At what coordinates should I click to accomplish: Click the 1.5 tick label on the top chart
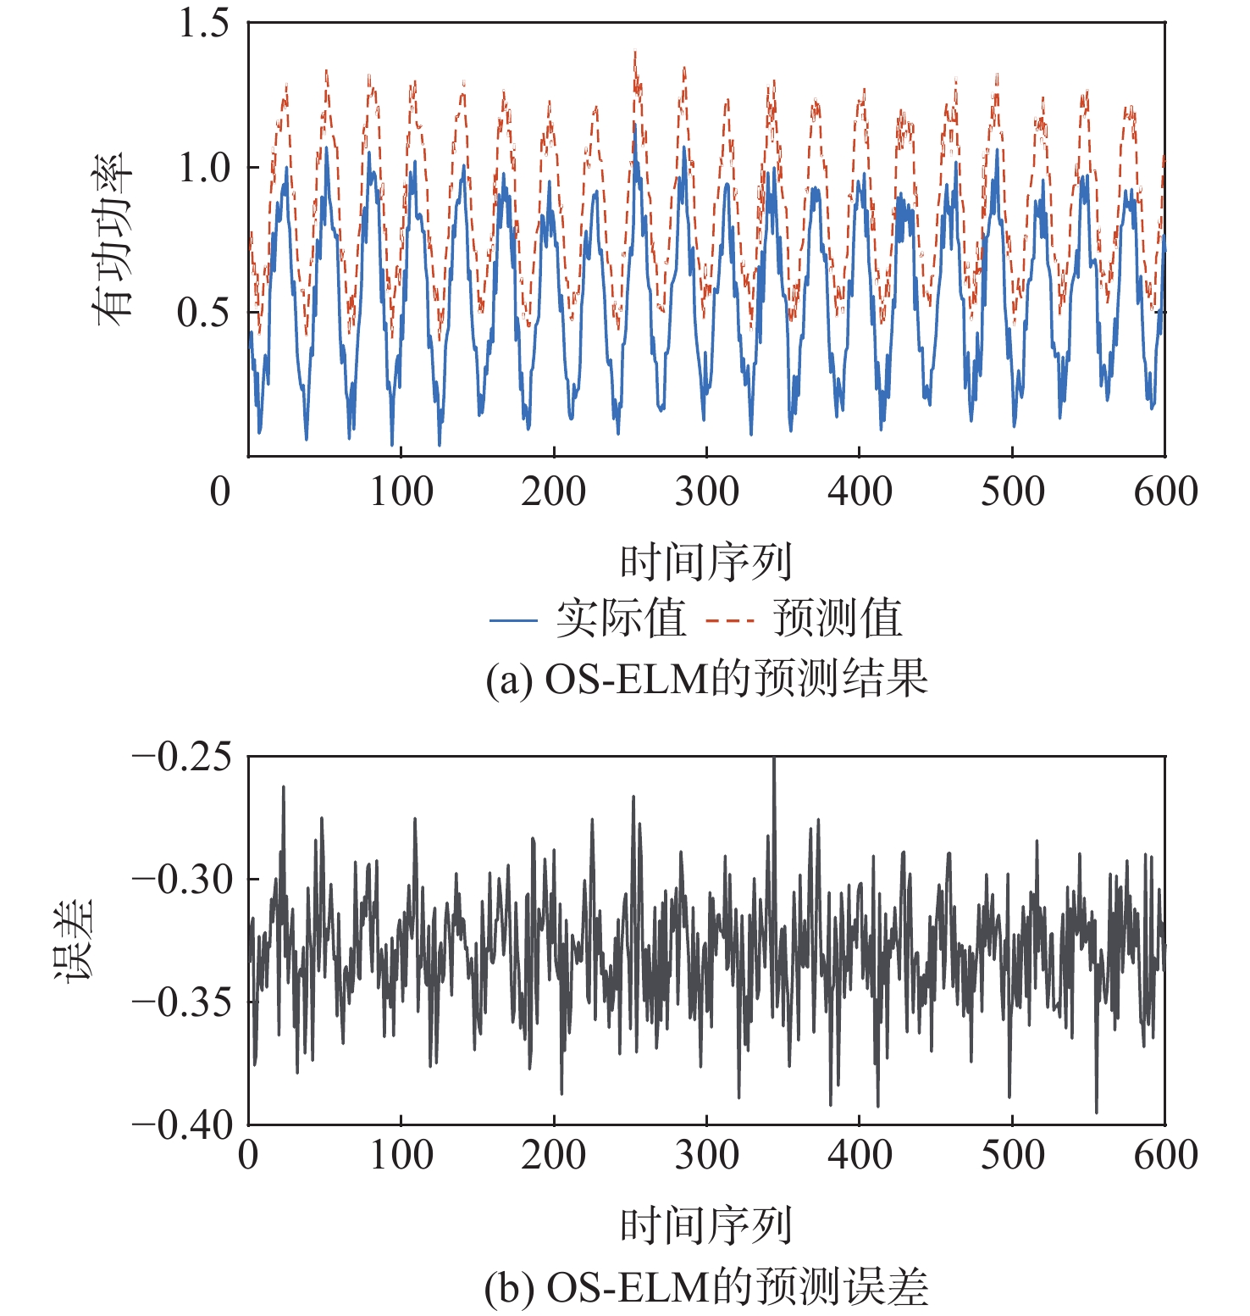pos(203,23)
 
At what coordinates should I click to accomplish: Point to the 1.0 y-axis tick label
pos(203,168)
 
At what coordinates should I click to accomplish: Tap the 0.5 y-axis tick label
pos(203,313)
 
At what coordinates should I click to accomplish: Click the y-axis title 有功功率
pos(113,240)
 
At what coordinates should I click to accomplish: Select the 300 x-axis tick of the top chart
pos(706,491)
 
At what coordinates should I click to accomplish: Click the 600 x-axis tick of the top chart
pos(1165,491)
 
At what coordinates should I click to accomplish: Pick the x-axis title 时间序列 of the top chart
pos(705,562)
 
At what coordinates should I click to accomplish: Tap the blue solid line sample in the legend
pos(513,620)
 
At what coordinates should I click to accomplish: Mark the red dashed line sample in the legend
pos(729,620)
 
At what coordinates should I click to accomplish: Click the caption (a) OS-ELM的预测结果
pos(706,679)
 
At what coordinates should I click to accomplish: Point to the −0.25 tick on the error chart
pos(181,757)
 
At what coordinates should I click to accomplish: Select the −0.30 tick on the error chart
pos(181,880)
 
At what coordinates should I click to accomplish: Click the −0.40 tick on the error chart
pos(181,1125)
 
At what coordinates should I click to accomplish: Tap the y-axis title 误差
pos(75,941)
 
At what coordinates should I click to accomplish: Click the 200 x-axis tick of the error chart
pos(553,1155)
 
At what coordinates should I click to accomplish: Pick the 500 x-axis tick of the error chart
pos(1012,1155)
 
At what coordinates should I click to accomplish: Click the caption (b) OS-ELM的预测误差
pos(706,1288)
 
